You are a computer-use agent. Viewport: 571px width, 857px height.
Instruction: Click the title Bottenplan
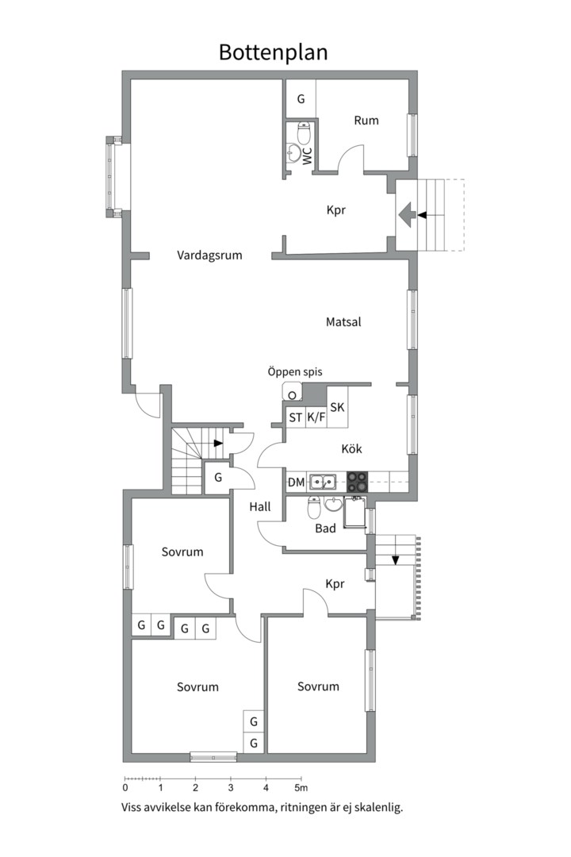(273, 52)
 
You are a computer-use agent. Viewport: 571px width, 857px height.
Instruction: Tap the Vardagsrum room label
(209, 256)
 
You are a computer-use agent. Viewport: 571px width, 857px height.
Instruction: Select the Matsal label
(343, 322)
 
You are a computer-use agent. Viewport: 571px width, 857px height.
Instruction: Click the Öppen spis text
(294, 371)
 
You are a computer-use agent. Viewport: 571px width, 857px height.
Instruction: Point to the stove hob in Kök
(358, 482)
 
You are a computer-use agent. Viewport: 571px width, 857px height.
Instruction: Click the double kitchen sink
(323, 482)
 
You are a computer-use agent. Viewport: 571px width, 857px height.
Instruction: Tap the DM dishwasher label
(296, 482)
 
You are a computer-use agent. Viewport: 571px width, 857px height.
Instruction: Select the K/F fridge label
(316, 417)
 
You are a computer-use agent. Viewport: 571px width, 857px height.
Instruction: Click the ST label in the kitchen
(296, 417)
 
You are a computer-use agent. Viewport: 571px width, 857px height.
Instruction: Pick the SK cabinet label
(337, 407)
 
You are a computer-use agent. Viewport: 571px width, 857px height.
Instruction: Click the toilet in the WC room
(304, 132)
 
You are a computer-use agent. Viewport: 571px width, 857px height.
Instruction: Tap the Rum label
(366, 121)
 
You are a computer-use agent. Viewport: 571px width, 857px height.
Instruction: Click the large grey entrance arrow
(405, 215)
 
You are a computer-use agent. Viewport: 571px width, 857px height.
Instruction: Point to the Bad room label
(325, 528)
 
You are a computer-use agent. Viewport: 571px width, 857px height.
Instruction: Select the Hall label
(260, 506)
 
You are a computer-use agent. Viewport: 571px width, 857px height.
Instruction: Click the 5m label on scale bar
(301, 788)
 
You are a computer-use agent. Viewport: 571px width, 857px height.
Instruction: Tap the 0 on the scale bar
(125, 788)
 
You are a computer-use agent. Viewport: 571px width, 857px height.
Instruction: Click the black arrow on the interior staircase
(219, 443)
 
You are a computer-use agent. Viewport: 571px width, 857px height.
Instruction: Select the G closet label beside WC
(301, 99)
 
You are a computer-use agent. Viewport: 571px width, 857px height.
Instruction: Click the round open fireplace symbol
(293, 395)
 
